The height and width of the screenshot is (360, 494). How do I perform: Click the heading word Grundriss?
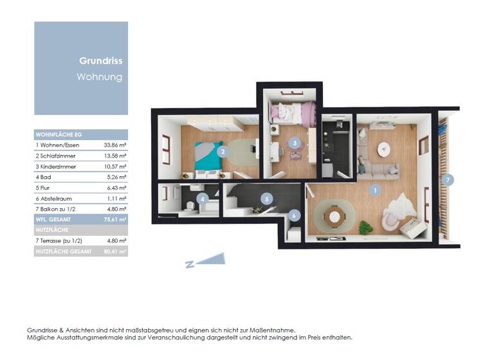pos(101,62)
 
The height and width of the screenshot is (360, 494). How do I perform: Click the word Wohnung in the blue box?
pos(100,77)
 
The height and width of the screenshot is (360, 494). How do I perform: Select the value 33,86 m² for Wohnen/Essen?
pos(115,145)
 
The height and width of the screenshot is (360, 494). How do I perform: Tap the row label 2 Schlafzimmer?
pos(56,156)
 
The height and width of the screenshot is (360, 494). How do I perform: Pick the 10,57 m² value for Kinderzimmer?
pos(115,166)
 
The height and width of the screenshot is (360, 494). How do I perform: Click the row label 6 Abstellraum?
pos(56,198)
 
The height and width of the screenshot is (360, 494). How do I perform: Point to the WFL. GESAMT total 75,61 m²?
pos(115,219)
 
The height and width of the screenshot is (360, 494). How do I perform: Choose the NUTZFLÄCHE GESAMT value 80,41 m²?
pos(115,251)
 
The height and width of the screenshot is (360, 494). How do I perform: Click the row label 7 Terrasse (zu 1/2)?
pos(62,240)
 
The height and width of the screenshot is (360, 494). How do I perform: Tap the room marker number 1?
pos(375,190)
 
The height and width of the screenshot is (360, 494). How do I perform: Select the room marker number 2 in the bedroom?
pos(223,152)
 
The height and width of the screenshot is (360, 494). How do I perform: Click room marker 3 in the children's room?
pos(294,143)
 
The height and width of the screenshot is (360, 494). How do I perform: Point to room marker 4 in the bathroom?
pos(203,199)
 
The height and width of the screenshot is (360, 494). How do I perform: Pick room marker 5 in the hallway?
pos(267,199)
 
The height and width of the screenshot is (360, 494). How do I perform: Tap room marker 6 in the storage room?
pos(294,216)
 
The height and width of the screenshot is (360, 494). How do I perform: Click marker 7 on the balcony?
pos(448,179)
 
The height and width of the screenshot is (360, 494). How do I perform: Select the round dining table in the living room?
pos(334,215)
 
